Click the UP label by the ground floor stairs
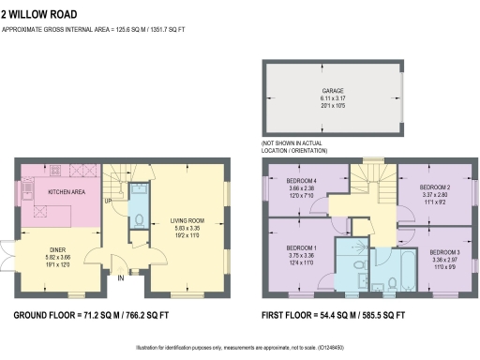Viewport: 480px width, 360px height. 108,201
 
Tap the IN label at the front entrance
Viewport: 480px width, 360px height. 121,277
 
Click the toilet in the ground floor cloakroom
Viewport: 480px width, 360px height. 138,219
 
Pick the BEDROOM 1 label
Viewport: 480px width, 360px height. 301,247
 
